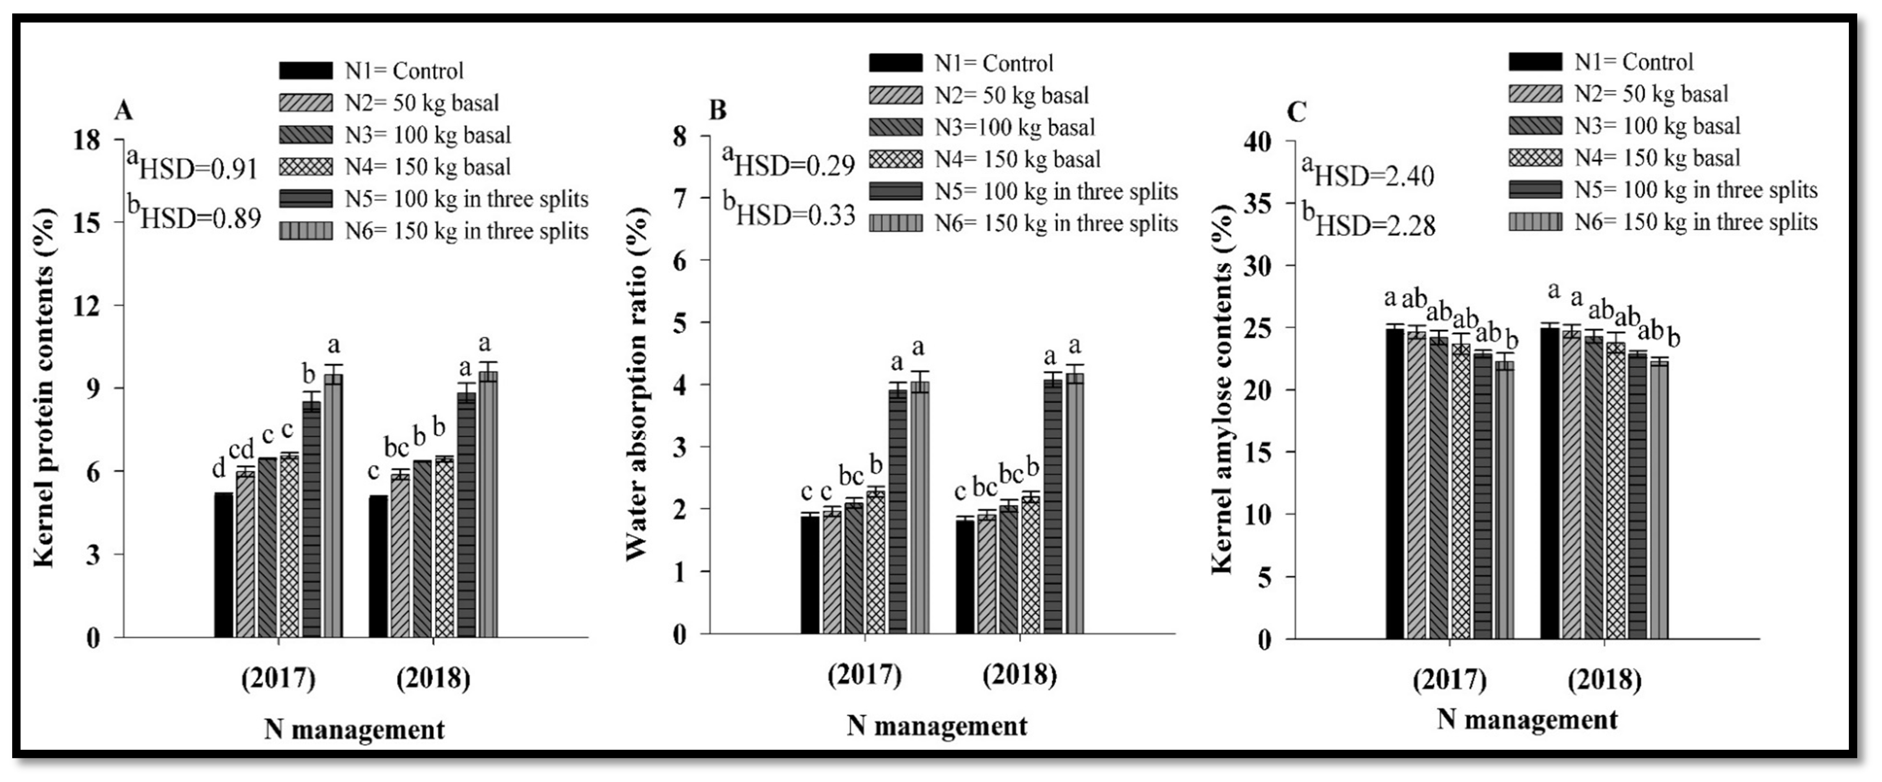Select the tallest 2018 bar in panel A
[488, 504]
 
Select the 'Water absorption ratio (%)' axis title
[637, 384]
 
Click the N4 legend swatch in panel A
[305, 167]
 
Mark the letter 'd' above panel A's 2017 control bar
[219, 468]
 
